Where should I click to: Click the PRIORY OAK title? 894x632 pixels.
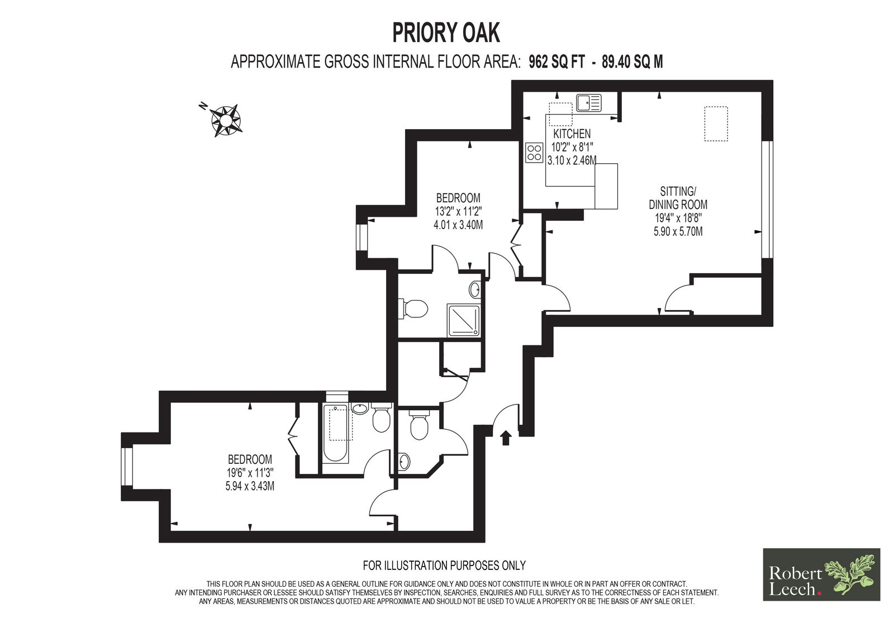coord(446,33)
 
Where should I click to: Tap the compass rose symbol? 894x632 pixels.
coord(225,120)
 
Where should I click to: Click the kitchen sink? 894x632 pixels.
coord(589,103)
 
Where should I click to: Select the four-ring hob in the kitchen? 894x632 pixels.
coord(534,153)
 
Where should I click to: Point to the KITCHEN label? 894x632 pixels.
coord(572,134)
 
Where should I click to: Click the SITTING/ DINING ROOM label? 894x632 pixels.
coord(678,198)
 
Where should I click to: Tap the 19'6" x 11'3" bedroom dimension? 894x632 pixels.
coord(250,473)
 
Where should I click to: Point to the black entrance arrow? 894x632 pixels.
coord(506,437)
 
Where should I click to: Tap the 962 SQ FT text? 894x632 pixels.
coord(557,62)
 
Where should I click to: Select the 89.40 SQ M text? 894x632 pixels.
coord(632,62)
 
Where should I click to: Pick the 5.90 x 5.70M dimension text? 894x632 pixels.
coord(678,231)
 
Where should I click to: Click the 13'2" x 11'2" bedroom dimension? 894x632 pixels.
coord(458,211)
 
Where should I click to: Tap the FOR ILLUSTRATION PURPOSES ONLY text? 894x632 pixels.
coord(444,566)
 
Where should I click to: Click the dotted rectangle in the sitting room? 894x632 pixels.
coord(716,123)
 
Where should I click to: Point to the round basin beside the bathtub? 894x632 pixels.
coord(360,409)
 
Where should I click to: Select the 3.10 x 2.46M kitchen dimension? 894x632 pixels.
coord(572,160)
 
